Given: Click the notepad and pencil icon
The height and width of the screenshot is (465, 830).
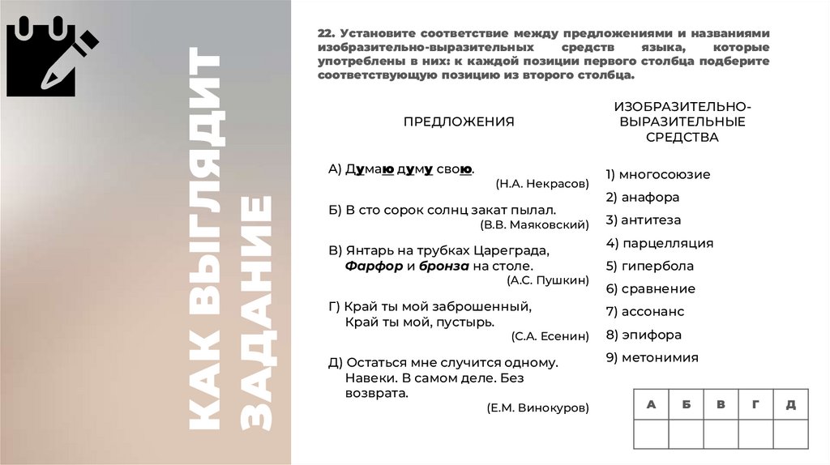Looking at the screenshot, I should [51, 56].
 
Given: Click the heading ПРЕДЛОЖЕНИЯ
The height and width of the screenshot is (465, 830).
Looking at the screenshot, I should [459, 122].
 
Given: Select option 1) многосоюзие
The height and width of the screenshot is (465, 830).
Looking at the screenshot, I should [657, 174].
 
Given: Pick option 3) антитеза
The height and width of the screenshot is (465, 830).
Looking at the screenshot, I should [643, 220].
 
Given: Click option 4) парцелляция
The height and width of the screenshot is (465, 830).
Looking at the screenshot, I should [659, 243].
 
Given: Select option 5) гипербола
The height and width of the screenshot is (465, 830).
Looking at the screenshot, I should [649, 266].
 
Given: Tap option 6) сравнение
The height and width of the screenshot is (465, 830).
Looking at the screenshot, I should [650, 288].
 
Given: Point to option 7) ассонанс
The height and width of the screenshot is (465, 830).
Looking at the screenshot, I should [644, 311].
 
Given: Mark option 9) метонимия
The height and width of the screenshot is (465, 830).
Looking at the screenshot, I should [652, 357].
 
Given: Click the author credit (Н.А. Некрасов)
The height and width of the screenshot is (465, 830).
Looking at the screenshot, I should [542, 184].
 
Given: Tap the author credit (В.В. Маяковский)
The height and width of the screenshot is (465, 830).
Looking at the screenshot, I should [534, 223].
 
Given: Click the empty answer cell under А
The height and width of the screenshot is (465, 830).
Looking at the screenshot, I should [651, 434].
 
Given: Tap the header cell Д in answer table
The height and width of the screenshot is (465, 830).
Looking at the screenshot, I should [790, 404].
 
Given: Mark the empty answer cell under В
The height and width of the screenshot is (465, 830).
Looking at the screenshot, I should [721, 434].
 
